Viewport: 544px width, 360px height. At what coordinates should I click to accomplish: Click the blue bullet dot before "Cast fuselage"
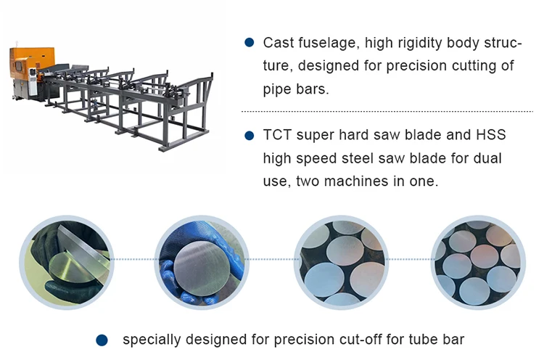pyautogui.click(x=250, y=43)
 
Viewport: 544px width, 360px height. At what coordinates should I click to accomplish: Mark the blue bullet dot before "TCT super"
pyautogui.click(x=250, y=135)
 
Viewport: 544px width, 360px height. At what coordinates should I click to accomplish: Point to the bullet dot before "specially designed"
pyautogui.click(x=102, y=339)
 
